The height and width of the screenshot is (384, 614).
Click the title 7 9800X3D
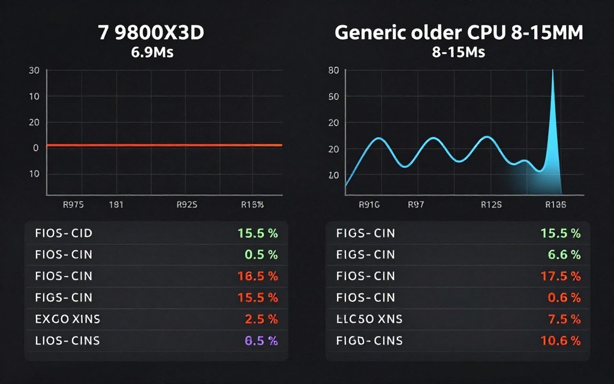tap(151, 32)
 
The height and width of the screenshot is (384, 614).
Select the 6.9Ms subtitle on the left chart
tap(152, 52)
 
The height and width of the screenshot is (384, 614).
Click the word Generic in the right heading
tap(368, 32)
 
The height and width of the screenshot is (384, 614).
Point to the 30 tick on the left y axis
tap(34, 71)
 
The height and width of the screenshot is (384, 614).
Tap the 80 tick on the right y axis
tap(334, 71)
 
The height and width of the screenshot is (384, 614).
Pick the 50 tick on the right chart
tap(334, 97)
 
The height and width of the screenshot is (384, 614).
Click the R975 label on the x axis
tap(73, 205)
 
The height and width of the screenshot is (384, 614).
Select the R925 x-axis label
tap(187, 205)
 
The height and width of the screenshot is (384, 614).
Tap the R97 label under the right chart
tap(416, 205)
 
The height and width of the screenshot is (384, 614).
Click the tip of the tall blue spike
tap(552, 71)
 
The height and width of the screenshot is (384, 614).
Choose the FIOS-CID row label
tap(64, 233)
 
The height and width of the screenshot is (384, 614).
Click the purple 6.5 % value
tap(261, 341)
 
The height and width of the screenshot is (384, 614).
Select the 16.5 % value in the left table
tap(257, 276)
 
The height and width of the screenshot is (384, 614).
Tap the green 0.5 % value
tap(261, 254)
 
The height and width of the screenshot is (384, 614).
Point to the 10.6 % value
tap(559, 341)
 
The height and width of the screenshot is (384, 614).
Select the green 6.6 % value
tap(564, 254)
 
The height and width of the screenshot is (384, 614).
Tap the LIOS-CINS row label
tap(67, 341)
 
